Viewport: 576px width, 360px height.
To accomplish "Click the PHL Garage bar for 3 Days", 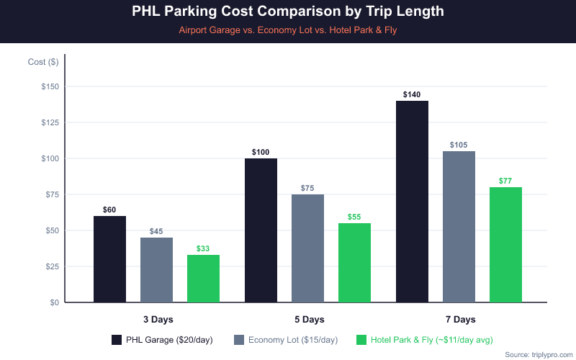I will (x=109, y=259).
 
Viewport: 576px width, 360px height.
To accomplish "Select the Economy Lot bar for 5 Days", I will (x=307, y=248).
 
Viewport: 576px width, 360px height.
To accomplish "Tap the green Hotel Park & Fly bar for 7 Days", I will (x=505, y=245).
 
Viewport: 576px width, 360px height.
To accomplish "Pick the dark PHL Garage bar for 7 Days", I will (x=412, y=202).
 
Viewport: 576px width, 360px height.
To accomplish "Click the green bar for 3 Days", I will (x=203, y=279).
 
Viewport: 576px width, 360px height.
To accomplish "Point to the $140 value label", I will (x=412, y=95).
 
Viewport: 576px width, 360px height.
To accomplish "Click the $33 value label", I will (x=203, y=248).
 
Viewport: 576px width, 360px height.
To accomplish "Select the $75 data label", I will (x=307, y=189).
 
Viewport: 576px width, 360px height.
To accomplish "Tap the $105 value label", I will (x=459, y=145).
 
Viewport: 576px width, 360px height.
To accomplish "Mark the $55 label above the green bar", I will (x=354, y=217).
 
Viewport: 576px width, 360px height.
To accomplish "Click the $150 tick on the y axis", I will (x=49, y=86).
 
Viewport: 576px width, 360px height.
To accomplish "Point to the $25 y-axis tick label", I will (x=51, y=266).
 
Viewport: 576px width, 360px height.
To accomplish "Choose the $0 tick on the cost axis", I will (x=54, y=302).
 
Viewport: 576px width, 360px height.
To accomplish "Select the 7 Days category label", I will (x=459, y=319).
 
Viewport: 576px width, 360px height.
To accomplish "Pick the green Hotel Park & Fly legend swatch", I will (x=362, y=340).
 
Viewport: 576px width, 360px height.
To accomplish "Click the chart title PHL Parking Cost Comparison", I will (x=288, y=12).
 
